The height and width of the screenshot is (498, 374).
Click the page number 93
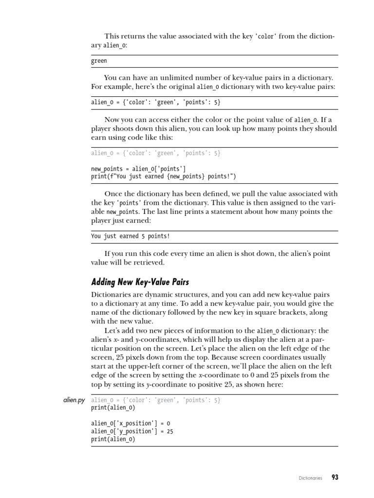(335, 478)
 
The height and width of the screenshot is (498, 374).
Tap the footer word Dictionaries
(310, 478)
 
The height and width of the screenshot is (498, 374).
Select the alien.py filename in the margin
(74, 400)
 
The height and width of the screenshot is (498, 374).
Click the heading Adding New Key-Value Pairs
(140, 282)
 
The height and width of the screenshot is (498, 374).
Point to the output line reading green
(99, 61)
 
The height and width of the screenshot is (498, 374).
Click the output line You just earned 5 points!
(131, 236)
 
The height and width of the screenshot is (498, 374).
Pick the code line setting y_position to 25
(132, 431)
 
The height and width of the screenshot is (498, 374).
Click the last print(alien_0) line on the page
(113, 439)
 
